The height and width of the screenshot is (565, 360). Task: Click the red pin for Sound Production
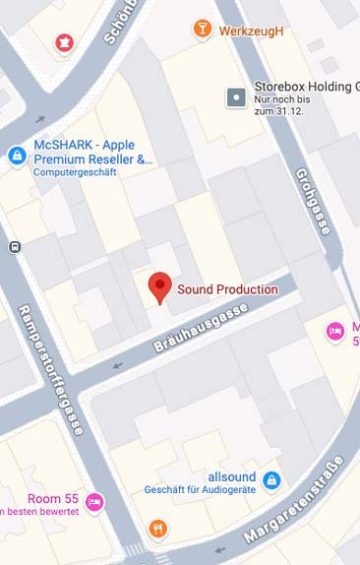pyautogui.click(x=159, y=286)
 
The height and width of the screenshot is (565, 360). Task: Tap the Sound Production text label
pyautogui.click(x=227, y=289)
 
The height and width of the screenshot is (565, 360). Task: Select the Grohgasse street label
pyautogui.click(x=313, y=201)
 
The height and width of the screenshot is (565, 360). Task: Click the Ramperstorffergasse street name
pyautogui.click(x=52, y=370)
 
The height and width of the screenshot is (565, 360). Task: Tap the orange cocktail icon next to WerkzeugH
pyautogui.click(x=203, y=30)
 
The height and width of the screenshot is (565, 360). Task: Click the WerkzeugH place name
pyautogui.click(x=251, y=31)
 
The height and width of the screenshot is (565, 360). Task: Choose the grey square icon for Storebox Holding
pyautogui.click(x=236, y=96)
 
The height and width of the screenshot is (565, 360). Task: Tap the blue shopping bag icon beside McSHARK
pyautogui.click(x=17, y=156)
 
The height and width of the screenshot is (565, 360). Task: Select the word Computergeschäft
pyautogui.click(x=75, y=172)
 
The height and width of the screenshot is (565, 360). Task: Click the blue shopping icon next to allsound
pyautogui.click(x=272, y=480)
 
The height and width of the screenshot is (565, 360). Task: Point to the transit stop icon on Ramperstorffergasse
pyautogui.click(x=14, y=248)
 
